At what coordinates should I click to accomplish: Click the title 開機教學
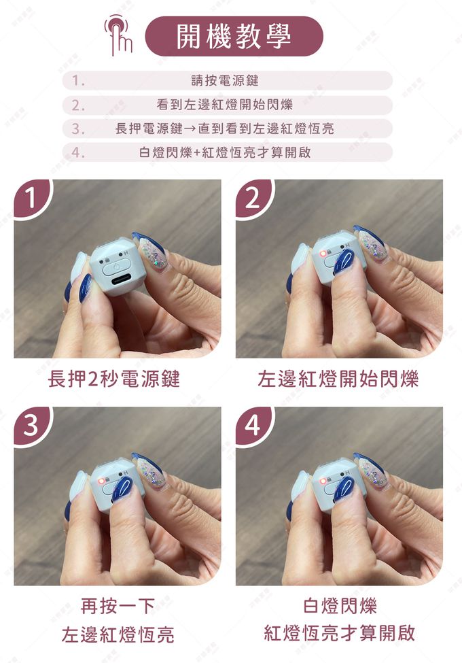234,36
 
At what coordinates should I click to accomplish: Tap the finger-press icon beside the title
119,35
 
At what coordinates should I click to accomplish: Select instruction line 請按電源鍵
225,80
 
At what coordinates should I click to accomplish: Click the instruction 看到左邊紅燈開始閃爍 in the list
225,105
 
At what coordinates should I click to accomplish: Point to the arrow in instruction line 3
190,129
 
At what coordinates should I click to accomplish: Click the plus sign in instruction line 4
198,152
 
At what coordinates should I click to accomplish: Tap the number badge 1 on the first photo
31,198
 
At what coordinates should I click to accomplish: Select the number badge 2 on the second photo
253,198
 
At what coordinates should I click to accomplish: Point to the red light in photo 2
323,253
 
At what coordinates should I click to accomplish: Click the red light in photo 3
101,481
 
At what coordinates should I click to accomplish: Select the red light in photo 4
323,481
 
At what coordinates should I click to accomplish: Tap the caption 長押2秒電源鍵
114,379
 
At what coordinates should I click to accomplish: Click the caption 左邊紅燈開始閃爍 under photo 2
338,379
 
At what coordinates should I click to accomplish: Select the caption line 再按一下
118,606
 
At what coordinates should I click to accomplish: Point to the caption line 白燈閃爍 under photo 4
340,605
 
